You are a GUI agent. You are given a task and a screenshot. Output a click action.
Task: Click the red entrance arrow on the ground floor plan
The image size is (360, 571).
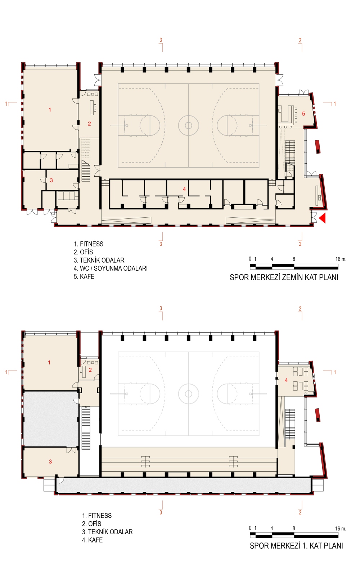(x=323, y=218)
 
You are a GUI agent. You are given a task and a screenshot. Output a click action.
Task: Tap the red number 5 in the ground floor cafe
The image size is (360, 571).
(x=303, y=114)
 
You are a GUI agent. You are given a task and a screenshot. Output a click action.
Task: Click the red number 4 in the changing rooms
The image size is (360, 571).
(x=184, y=189)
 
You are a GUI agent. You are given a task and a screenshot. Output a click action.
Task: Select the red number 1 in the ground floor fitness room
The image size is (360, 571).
(x=50, y=110)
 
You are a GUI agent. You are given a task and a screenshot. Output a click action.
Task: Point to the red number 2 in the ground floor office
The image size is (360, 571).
(x=89, y=124)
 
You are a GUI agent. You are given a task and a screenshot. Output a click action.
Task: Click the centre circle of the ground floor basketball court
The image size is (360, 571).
(x=188, y=126)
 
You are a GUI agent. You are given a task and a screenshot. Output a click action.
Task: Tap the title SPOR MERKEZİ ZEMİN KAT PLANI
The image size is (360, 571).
(x=284, y=277)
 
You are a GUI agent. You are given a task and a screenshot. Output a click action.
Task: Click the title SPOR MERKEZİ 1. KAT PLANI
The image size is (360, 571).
(x=296, y=546)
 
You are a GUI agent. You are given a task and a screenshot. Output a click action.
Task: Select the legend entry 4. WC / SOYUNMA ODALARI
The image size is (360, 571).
(x=111, y=268)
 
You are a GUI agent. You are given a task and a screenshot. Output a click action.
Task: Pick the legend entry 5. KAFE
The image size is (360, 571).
(x=84, y=277)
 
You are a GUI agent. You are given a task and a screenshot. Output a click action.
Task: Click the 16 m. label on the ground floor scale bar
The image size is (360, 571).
(x=341, y=259)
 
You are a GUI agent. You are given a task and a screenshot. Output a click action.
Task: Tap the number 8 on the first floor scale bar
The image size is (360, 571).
(x=294, y=529)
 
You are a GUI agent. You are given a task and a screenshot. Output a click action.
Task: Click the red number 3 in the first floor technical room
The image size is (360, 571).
(x=50, y=462)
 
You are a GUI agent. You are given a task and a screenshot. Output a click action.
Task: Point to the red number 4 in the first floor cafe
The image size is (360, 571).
(x=286, y=380)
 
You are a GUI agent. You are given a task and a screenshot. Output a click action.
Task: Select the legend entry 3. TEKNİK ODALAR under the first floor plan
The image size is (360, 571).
(x=107, y=532)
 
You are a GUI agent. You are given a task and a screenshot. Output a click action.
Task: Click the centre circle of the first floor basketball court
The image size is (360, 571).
(x=188, y=394)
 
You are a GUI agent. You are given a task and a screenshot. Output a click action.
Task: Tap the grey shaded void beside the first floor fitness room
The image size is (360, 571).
(x=50, y=419)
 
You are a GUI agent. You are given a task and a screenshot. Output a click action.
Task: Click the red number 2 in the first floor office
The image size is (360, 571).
(x=90, y=370)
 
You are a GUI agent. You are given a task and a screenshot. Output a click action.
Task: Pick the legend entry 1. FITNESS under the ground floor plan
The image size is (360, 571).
(x=89, y=244)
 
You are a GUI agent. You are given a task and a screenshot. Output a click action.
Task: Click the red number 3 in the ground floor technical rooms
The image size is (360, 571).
(x=51, y=181)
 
